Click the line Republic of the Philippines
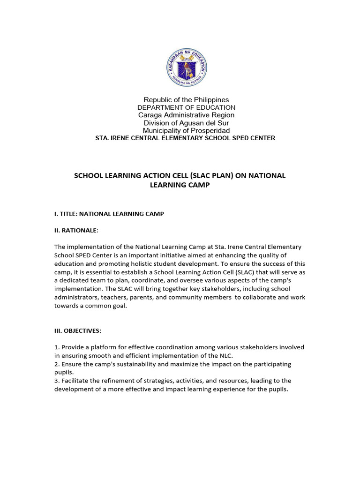click(x=186, y=100)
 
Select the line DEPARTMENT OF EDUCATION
click(x=186, y=108)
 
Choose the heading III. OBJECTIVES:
click(x=78, y=330)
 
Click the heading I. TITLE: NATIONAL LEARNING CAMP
click(x=109, y=214)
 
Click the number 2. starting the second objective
click(x=57, y=364)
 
